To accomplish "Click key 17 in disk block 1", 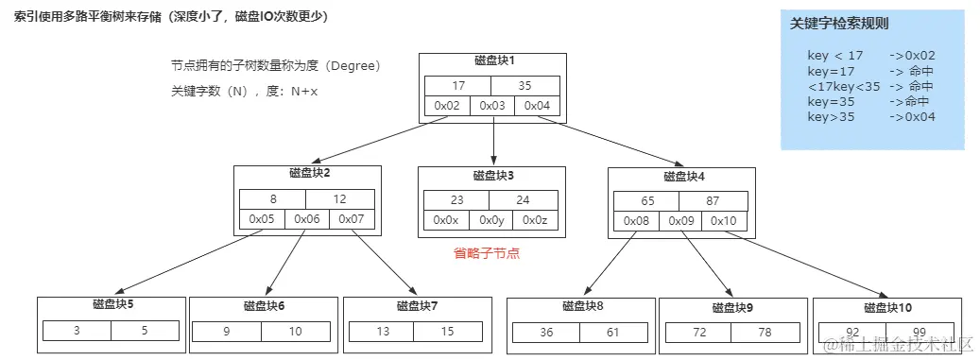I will click(x=457, y=85).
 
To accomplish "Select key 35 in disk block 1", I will click(x=525, y=85).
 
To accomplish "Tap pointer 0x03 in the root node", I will click(x=492, y=106).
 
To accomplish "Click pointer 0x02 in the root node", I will click(x=447, y=106).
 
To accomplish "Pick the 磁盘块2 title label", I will click(x=309, y=173).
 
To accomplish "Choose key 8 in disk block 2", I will click(x=272, y=198).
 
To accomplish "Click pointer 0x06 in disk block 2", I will click(x=306, y=219).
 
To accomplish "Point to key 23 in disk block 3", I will click(x=457, y=199).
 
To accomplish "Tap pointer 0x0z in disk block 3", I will click(x=535, y=220).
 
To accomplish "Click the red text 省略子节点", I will click(x=487, y=253).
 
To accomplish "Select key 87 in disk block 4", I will click(x=713, y=200).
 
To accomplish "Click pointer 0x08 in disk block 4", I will click(x=636, y=221).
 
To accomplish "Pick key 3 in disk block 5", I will click(x=77, y=331).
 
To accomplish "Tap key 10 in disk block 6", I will click(x=296, y=332).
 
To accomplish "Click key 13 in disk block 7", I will click(x=382, y=332).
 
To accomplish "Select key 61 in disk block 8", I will click(x=614, y=333).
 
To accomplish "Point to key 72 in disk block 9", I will click(x=698, y=333).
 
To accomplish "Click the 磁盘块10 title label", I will click(x=887, y=307).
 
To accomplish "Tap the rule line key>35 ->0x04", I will click(x=870, y=116).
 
